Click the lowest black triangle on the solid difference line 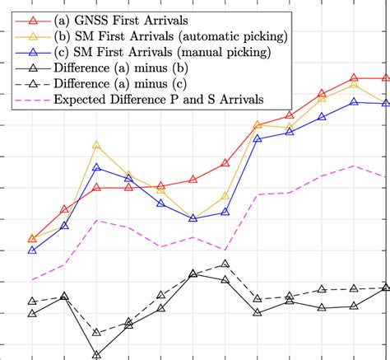click(x=96, y=354)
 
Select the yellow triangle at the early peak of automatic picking click(x=96, y=145)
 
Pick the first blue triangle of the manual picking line click(x=32, y=250)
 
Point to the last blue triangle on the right click(x=385, y=103)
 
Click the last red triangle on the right click(x=385, y=78)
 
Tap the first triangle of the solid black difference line click(x=32, y=313)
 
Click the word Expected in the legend click(x=81, y=101)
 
